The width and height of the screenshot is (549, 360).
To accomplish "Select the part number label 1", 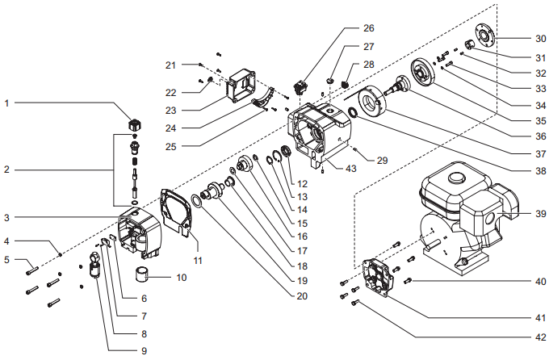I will point(7,103).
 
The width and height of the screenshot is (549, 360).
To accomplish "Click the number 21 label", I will point(170,64).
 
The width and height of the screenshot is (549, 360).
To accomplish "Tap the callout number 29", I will point(383,160).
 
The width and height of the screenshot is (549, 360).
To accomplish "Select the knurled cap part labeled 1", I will point(136,124).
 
